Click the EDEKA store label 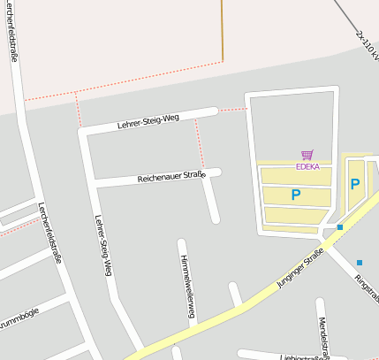tap(307, 165)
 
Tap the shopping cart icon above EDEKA tap(307, 154)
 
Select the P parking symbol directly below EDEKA tap(295, 195)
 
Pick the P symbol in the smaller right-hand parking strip tap(354, 184)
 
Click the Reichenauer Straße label tap(171, 177)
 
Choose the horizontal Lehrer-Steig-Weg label tap(148, 123)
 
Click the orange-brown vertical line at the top tap(223, 31)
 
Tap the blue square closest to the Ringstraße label tap(359, 262)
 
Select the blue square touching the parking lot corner tap(339, 227)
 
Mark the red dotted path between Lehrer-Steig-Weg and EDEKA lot tap(233, 110)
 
